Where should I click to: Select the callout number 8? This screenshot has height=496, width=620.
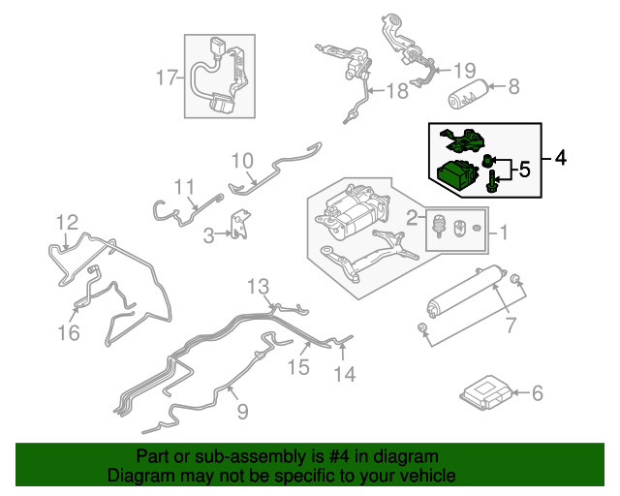pyautogui.click(x=513, y=86)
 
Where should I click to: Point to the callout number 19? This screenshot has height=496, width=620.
pyautogui.click(x=465, y=70)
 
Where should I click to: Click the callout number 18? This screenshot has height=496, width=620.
pyautogui.click(x=398, y=92)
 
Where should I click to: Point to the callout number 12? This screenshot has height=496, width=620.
pyautogui.click(x=65, y=224)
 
